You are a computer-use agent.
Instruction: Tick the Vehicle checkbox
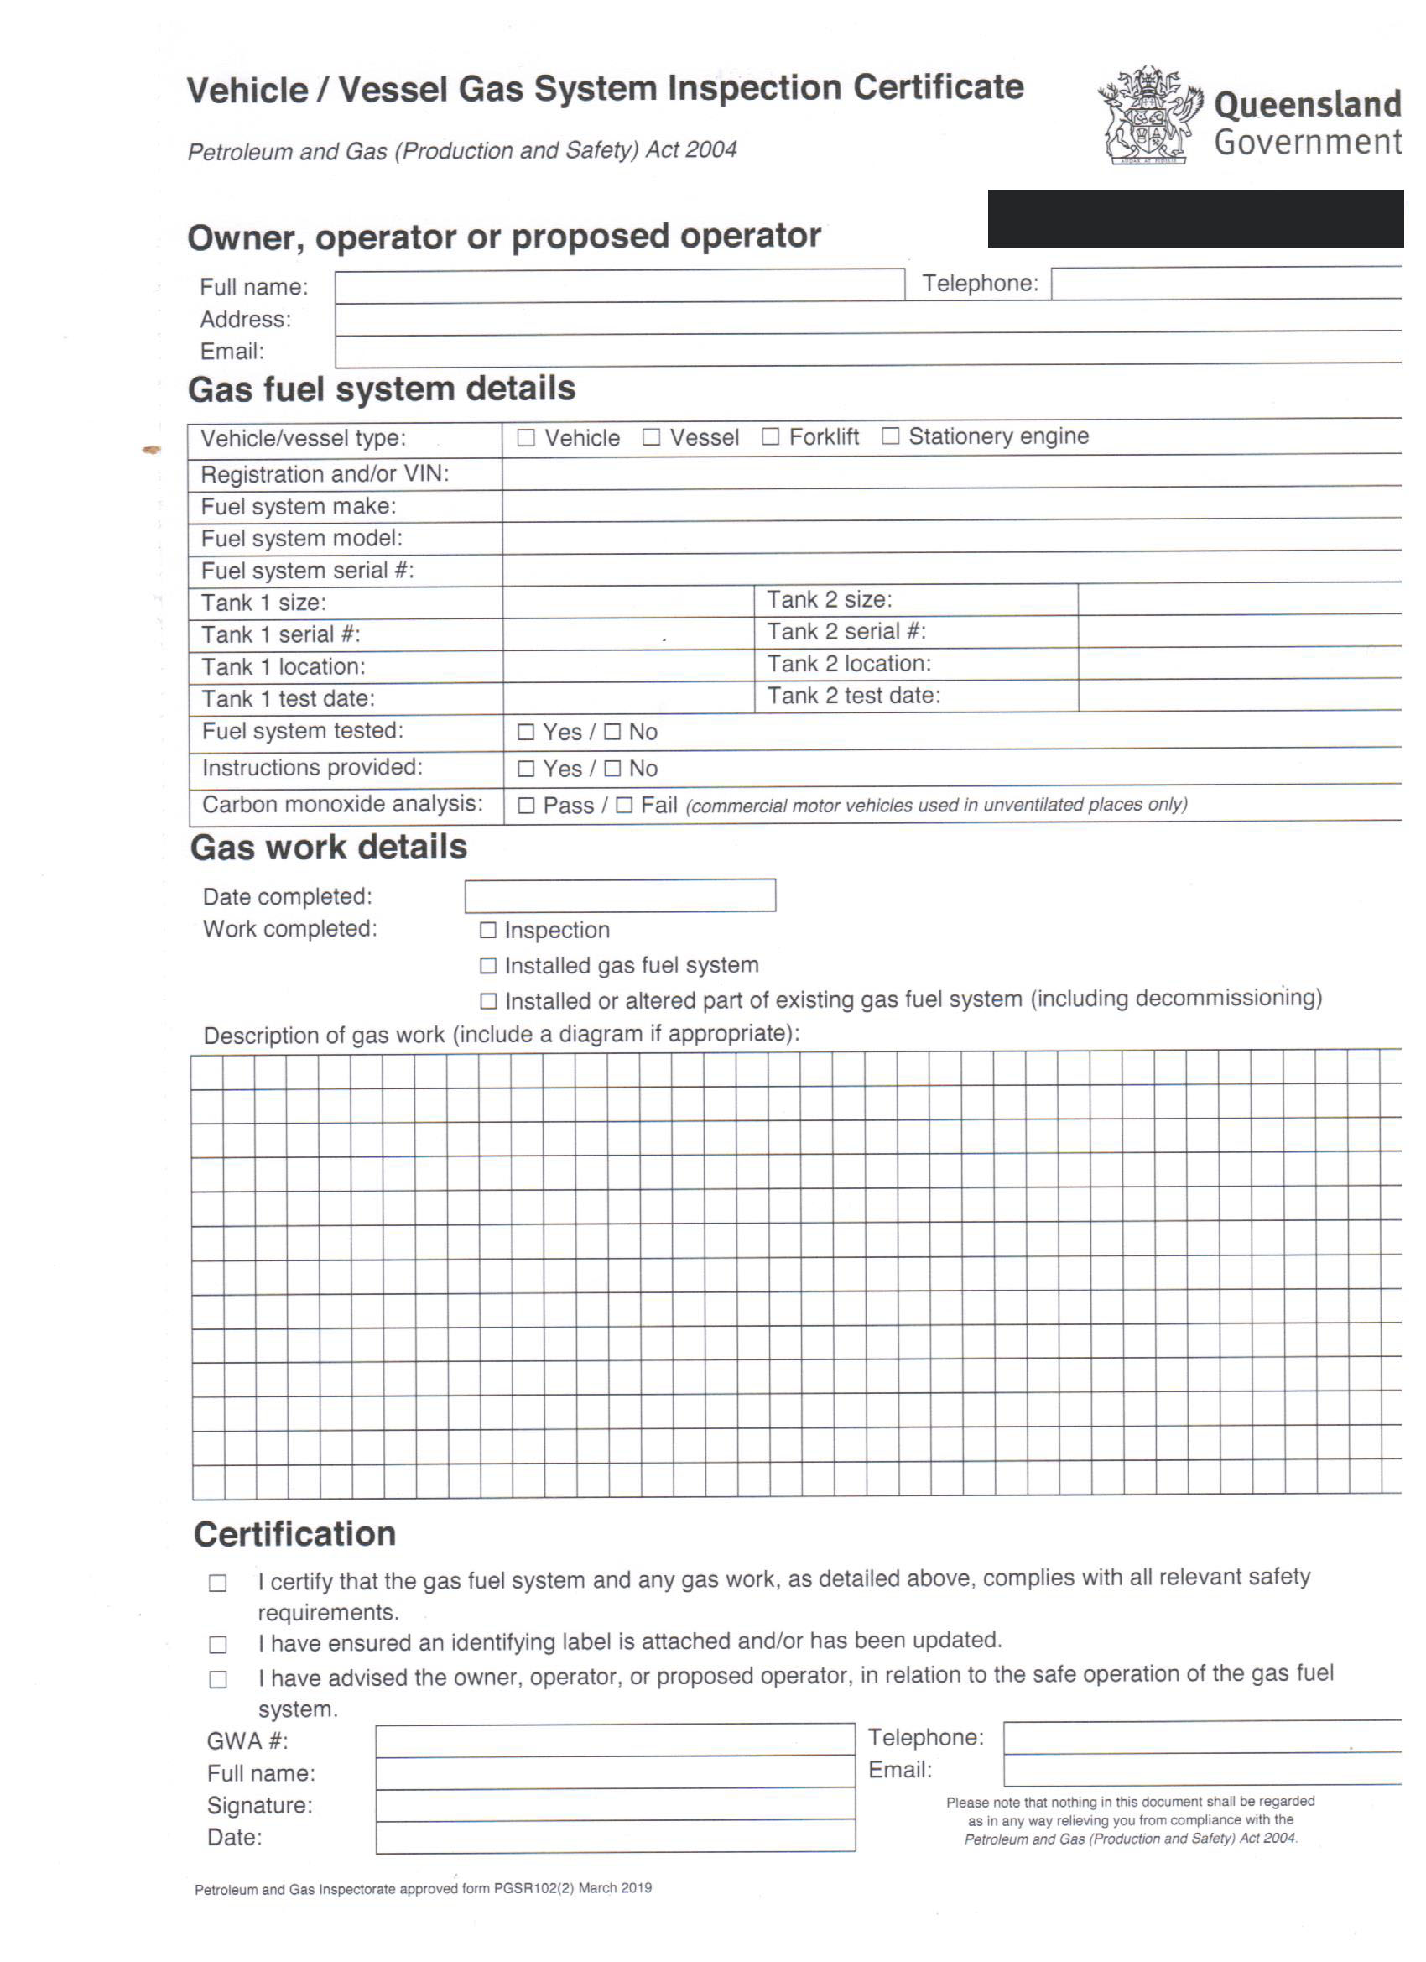coord(526,438)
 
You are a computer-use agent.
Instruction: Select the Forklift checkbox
coord(771,437)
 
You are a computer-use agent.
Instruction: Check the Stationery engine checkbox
coord(891,436)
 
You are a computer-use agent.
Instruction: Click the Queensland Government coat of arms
coord(1150,115)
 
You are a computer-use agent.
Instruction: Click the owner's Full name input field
coord(619,285)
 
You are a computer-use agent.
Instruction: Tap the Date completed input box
coord(620,895)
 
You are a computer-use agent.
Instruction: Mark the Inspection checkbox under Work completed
coord(488,930)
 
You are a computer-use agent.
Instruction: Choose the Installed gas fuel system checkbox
coord(488,965)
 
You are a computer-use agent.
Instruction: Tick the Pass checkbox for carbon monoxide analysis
coord(526,806)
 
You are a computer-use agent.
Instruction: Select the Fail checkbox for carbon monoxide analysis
coord(624,806)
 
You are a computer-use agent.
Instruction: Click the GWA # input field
coord(615,1740)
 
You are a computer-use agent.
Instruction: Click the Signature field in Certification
coord(615,1804)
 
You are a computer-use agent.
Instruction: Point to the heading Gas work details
coord(329,847)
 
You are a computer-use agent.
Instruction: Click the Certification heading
coord(295,1535)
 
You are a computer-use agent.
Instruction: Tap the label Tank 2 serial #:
coord(846,632)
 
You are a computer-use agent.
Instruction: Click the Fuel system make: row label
coord(299,506)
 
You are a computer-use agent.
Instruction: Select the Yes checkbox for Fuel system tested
coord(526,732)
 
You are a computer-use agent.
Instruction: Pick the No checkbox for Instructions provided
coord(612,768)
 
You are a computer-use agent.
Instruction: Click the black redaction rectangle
coord(1195,219)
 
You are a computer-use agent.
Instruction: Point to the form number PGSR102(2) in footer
coord(533,1887)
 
